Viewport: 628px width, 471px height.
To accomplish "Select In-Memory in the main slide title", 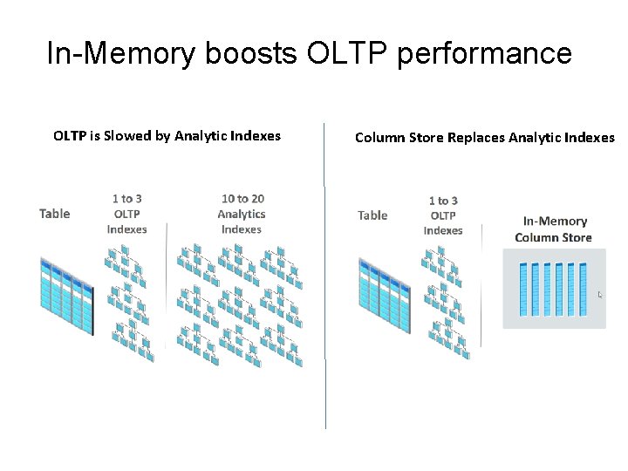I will click(x=121, y=54).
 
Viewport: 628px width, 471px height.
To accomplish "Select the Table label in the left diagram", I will click(x=55, y=214).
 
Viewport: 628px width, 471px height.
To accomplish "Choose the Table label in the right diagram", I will click(x=373, y=215).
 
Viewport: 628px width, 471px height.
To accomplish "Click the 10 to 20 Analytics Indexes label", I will click(x=242, y=214).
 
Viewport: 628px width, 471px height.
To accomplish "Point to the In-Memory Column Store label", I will click(x=554, y=229).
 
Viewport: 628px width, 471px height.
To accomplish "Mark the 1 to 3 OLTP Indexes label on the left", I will click(x=127, y=214).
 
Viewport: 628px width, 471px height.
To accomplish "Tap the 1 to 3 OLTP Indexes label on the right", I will click(x=443, y=215).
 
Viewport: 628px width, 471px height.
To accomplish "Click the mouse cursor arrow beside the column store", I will click(x=600, y=295).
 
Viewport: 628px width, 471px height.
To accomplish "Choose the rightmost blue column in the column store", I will click(x=583, y=289).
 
